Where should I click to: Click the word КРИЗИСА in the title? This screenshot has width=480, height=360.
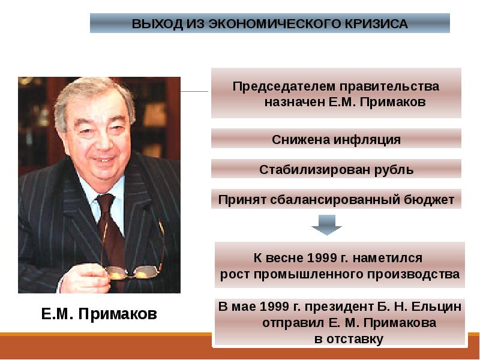point(377,24)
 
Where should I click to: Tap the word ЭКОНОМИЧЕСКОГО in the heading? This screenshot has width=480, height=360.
point(275,24)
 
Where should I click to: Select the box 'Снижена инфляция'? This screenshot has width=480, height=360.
point(336,139)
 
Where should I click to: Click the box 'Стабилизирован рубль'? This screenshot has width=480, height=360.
point(336,169)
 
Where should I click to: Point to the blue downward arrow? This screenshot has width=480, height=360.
point(326,225)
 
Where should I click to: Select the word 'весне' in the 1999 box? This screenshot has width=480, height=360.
point(286,258)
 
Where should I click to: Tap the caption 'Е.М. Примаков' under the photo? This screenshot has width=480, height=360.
point(99,313)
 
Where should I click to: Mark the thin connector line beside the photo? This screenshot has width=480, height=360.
point(194,92)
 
